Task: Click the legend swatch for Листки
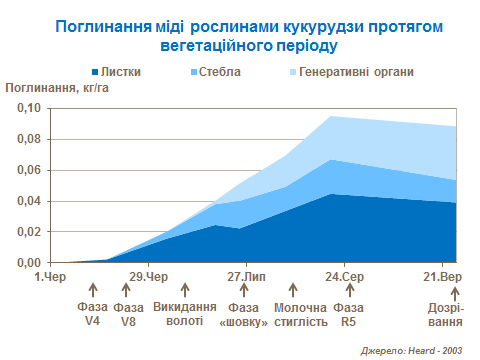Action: pyautogui.click(x=96, y=73)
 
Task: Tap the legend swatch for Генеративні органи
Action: pyautogui.click(x=292, y=73)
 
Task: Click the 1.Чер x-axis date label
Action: pyautogui.click(x=49, y=276)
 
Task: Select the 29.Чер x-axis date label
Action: pyautogui.click(x=147, y=276)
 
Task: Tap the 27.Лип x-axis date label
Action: pyautogui.click(x=246, y=276)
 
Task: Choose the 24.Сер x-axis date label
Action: pyautogui.click(x=345, y=276)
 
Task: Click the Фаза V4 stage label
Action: pyautogui.click(x=92, y=314)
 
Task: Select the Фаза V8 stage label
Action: pyautogui.click(x=129, y=314)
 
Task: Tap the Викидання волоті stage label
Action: pyautogui.click(x=185, y=314)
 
